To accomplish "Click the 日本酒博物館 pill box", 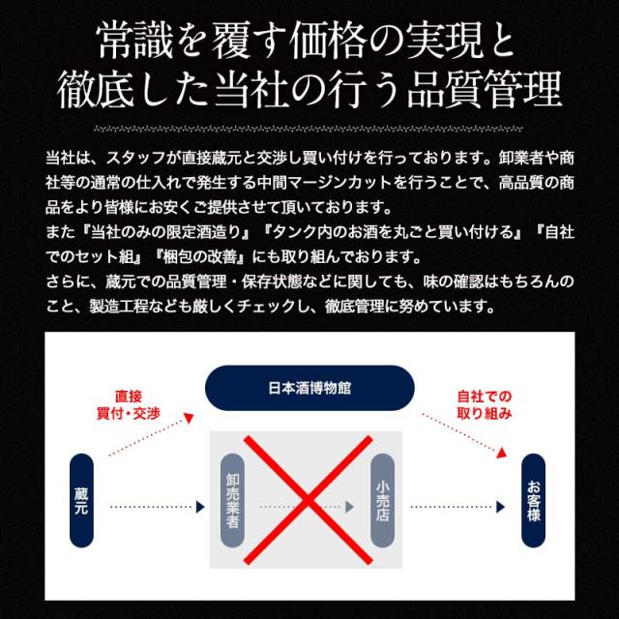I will pyautogui.click(x=309, y=388).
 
